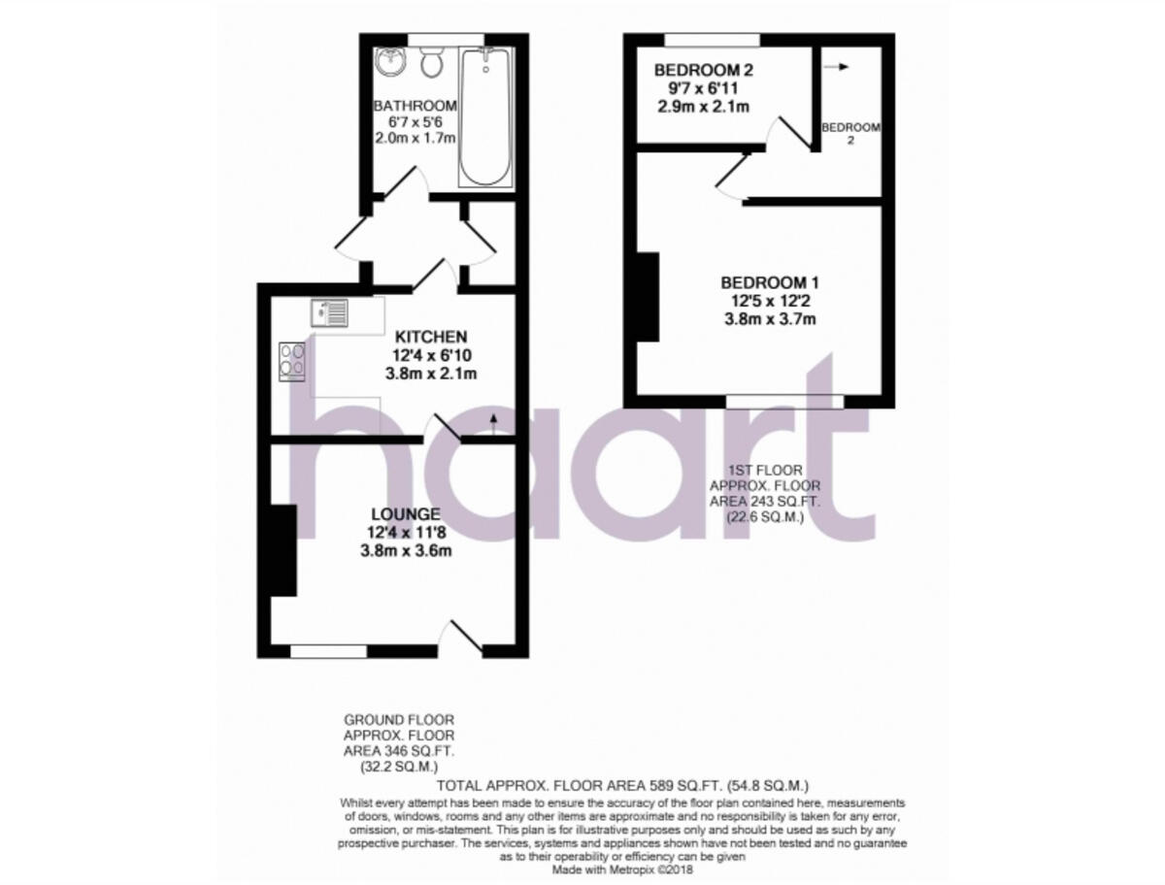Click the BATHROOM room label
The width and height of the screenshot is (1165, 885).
click(x=415, y=106)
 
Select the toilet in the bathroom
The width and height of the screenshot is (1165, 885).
click(x=432, y=64)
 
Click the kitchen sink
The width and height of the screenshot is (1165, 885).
click(x=329, y=312)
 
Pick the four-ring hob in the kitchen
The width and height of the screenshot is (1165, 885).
click(x=292, y=360)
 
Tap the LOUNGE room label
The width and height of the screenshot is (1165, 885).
click(x=406, y=513)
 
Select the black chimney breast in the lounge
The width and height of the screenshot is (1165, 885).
click(x=283, y=550)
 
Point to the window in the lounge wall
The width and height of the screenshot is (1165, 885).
click(x=328, y=650)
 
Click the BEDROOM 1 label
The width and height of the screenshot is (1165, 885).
click(x=770, y=282)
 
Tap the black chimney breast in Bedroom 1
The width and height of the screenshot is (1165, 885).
click(x=648, y=297)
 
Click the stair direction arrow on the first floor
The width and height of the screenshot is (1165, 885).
click(x=835, y=67)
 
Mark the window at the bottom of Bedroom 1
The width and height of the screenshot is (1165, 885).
click(x=784, y=401)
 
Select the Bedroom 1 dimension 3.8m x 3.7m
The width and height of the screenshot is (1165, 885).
click(x=770, y=318)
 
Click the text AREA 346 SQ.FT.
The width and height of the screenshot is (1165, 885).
click(x=399, y=751)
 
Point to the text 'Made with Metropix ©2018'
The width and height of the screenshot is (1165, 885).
click(x=621, y=870)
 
